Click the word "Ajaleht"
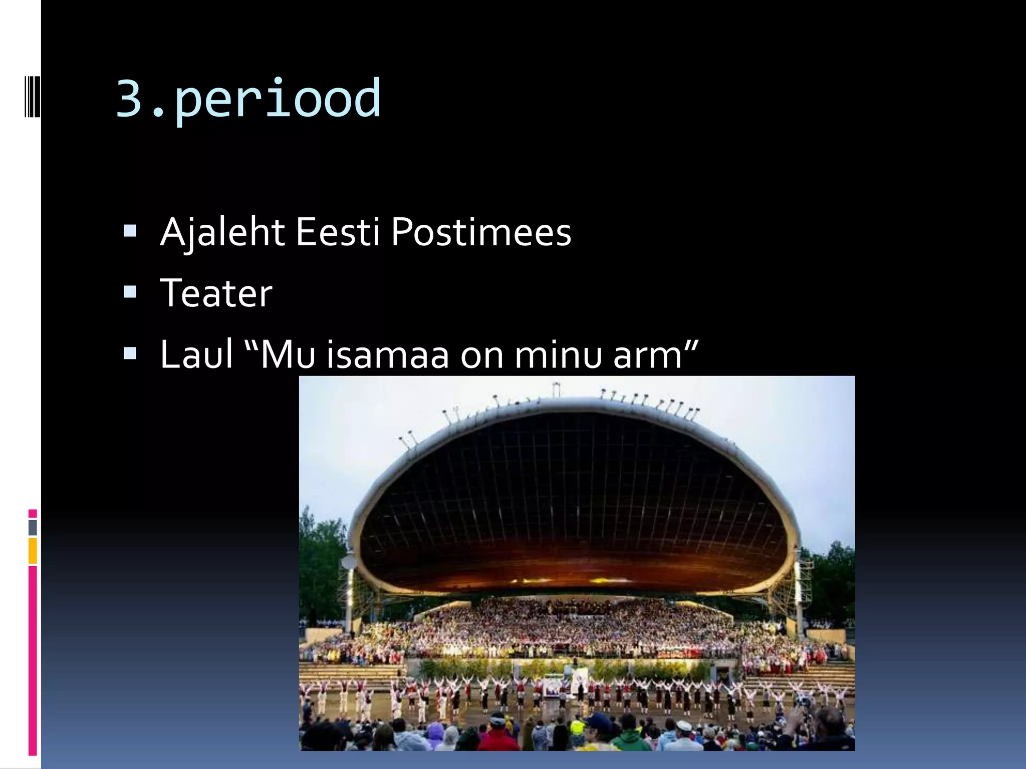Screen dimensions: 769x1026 tap(222, 232)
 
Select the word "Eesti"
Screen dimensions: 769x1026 tap(338, 232)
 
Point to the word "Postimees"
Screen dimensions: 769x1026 tap(481, 232)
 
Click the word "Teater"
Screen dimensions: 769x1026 tap(216, 293)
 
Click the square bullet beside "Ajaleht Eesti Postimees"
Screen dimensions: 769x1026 tap(130, 231)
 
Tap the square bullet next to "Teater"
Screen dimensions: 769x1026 tap(130, 292)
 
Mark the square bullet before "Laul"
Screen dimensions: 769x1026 tap(130, 353)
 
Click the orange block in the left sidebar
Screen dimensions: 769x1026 tap(33, 551)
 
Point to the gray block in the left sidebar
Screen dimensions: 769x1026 tap(33, 528)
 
